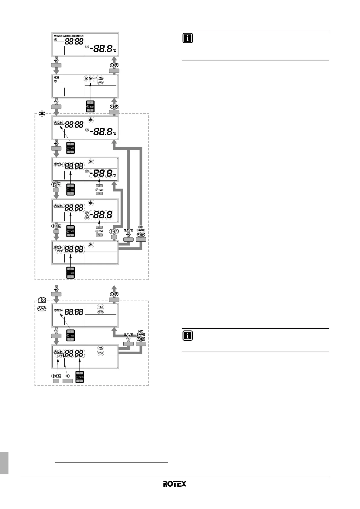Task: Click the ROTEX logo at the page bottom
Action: tap(174, 484)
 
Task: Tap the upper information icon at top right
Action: tap(188, 38)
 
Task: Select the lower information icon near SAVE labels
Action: tap(188, 336)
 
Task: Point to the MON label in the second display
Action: tap(57, 78)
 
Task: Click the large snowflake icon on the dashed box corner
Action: tap(42, 114)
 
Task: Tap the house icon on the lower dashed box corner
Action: tap(42, 300)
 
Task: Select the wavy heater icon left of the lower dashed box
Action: tap(42, 309)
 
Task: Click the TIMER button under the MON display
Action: tap(90, 106)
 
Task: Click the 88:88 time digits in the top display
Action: tap(74, 42)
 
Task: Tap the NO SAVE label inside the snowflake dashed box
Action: tap(141, 228)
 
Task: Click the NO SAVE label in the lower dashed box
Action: tap(141, 333)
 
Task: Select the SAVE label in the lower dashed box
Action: tap(128, 335)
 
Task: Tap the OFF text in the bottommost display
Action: tap(60, 356)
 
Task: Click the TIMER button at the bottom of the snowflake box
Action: tap(70, 273)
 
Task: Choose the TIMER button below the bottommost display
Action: tap(79, 377)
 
